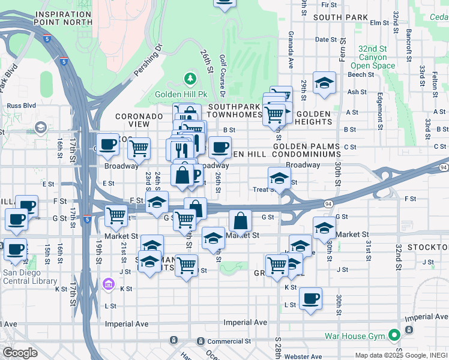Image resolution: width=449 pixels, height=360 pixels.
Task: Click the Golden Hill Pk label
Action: pyautogui.click(x=181, y=94)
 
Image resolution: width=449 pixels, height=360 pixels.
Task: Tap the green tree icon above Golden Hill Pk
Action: pyautogui.click(x=190, y=79)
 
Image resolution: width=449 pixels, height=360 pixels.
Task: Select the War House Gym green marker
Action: pyautogui.click(x=394, y=335)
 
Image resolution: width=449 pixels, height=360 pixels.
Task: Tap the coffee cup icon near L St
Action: pyautogui.click(x=310, y=299)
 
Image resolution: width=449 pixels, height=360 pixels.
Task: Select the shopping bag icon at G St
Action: pyautogui.click(x=240, y=220)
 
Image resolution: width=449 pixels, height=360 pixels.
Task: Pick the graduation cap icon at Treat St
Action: pyautogui.click(x=279, y=178)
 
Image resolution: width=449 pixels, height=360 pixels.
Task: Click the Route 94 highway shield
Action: pyautogui.click(x=443, y=167)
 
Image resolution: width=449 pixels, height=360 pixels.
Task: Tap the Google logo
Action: pyautogui.click(x=20, y=353)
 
